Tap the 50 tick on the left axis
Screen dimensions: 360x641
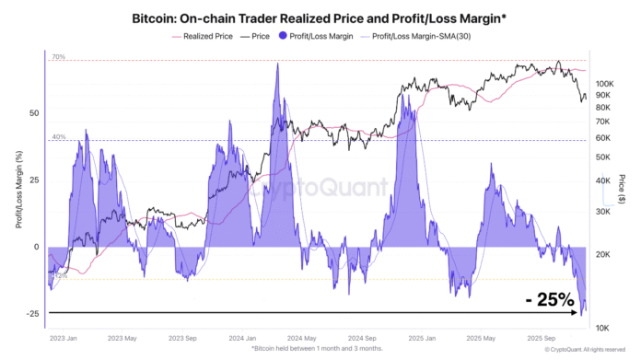point(34,113)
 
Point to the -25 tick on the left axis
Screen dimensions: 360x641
point(32,314)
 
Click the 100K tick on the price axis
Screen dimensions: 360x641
point(604,82)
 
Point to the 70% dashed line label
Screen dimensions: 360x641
point(58,57)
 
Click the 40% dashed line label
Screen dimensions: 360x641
point(58,137)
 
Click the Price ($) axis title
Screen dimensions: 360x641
point(624,189)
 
